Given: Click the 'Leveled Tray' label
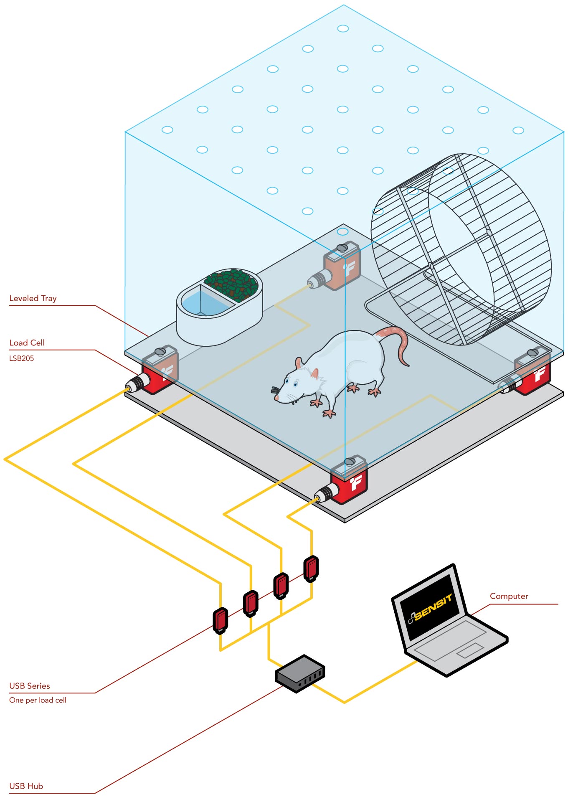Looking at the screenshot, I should [33, 298].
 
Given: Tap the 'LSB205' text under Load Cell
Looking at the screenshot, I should [21, 358].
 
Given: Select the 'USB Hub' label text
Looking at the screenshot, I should [26, 786].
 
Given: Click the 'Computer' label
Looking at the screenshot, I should [509, 596].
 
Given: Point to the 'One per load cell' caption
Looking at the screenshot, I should [38, 700].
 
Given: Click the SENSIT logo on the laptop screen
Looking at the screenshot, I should [430, 609].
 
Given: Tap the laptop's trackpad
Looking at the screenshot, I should [470, 650].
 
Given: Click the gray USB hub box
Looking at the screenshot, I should [300, 673].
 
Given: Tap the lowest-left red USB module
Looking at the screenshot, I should [221, 620].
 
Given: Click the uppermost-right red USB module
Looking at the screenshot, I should [311, 568].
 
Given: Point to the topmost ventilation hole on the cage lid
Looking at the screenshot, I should [343, 28].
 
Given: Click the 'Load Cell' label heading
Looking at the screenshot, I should [27, 343].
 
